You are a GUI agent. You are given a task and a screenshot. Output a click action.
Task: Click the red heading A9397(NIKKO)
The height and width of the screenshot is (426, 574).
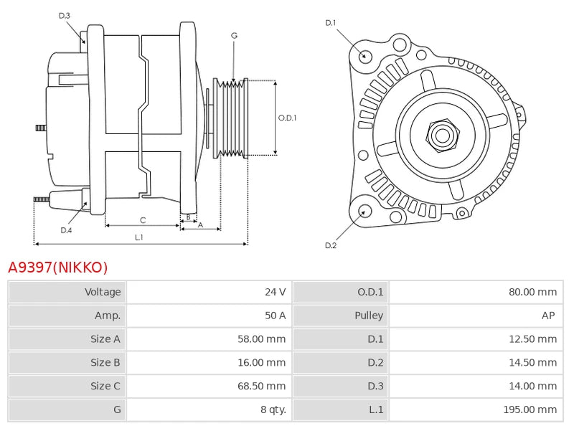tap(57, 268)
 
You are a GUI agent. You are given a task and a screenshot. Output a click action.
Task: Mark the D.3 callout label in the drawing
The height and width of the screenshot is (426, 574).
tap(65, 16)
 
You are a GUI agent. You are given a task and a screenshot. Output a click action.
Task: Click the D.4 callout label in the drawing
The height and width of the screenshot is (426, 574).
tap(66, 230)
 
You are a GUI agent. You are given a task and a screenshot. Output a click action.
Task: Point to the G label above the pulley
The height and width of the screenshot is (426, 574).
tap(234, 35)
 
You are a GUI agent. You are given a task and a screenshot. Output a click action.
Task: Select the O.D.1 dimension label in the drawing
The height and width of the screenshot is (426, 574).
tap(287, 118)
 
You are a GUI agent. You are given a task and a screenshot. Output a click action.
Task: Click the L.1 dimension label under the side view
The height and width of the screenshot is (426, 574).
tap(139, 237)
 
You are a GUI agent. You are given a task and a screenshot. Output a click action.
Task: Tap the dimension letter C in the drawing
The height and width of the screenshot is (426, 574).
tap(143, 220)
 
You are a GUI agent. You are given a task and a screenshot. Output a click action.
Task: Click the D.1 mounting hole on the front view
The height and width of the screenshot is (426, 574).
tap(364, 55)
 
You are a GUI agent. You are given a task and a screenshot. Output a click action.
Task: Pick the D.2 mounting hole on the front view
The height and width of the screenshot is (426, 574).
tap(364, 211)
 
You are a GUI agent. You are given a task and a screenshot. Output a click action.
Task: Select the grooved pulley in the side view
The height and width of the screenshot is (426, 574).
tap(232, 118)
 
